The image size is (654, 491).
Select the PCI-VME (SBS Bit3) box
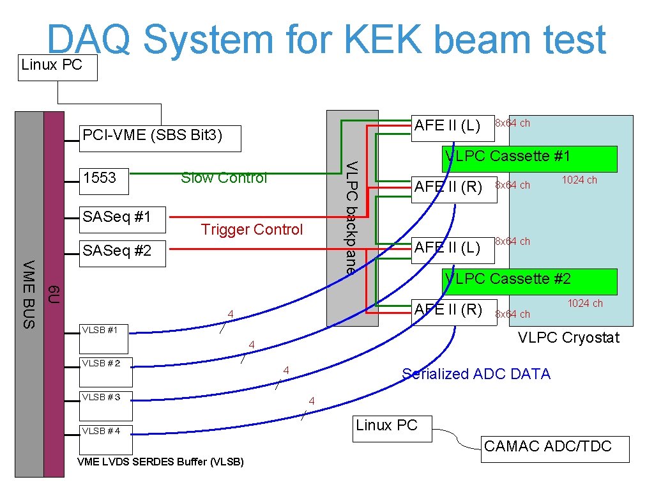160,138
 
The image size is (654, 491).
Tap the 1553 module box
104,182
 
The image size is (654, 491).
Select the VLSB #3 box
105,405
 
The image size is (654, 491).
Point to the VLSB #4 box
105,439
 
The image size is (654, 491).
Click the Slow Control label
224,178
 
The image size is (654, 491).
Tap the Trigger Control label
252,230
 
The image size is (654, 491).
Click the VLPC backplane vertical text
351,217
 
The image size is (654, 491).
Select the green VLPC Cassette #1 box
531,159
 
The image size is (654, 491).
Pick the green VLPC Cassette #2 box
531,281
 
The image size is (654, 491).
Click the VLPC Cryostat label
568,338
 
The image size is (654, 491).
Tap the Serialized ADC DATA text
476,374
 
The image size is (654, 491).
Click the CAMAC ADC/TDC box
554,449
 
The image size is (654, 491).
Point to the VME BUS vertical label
29,294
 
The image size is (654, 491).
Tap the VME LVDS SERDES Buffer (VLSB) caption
160,462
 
